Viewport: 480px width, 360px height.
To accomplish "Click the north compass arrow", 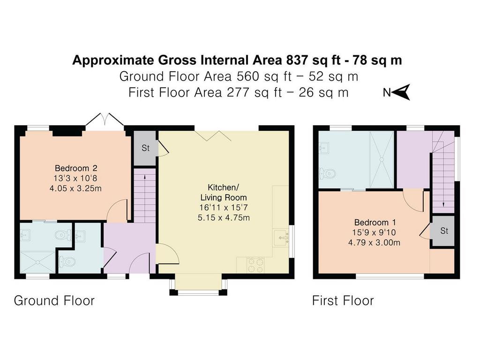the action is pyautogui.click(x=401, y=92).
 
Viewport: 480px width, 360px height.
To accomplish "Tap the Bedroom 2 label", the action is pyautogui.click(x=76, y=168).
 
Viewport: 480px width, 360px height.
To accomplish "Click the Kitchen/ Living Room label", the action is pyautogui.click(x=223, y=192).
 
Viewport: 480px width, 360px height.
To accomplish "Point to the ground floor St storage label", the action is pyautogui.click(x=145, y=148).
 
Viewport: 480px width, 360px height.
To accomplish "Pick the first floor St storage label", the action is pyautogui.click(x=444, y=231).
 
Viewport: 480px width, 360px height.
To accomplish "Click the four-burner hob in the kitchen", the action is pyautogui.click(x=255, y=265).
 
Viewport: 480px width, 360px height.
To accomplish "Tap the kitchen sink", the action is pyautogui.click(x=281, y=238).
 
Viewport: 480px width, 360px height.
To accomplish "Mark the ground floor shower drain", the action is pyautogui.click(x=37, y=262).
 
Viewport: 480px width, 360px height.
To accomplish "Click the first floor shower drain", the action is pyautogui.click(x=382, y=159).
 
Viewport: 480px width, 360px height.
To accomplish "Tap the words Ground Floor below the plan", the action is pyautogui.click(x=54, y=300).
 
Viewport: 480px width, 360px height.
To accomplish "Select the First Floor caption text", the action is pyautogui.click(x=343, y=300).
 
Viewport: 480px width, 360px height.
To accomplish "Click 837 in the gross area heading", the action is pyautogui.click(x=297, y=60).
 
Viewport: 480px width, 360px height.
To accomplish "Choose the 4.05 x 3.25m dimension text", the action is pyautogui.click(x=75, y=188).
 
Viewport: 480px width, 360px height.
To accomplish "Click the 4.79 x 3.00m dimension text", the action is pyautogui.click(x=374, y=243).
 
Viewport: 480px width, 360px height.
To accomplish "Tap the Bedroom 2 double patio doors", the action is pyautogui.click(x=105, y=120).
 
